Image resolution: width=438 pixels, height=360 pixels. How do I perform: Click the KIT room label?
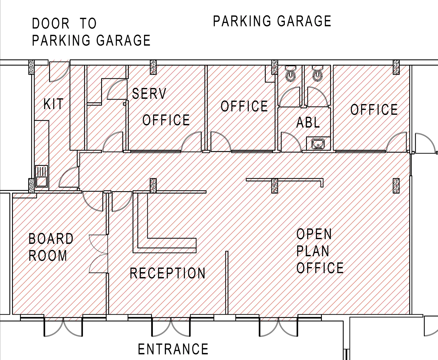point(53,104)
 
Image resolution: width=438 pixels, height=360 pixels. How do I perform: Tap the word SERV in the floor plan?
point(149,94)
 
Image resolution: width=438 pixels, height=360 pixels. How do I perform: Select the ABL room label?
point(308,123)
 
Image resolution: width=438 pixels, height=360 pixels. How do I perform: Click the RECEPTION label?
point(168,273)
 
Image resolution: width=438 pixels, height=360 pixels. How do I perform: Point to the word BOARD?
point(51,239)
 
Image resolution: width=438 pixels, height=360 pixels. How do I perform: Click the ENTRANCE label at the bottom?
point(173,349)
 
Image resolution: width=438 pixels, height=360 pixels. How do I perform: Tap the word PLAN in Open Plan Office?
point(313,251)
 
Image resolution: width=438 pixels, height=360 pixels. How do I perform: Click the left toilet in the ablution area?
point(291,74)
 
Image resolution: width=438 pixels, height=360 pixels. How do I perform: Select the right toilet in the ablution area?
point(317,74)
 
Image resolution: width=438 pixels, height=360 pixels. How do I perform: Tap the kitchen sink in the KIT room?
point(41,176)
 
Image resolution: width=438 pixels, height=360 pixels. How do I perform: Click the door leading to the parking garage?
point(59,71)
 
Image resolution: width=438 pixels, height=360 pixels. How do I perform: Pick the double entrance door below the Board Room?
point(63,326)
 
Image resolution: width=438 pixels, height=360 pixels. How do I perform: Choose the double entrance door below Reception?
point(171,326)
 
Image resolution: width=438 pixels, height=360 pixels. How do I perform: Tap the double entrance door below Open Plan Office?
point(279,326)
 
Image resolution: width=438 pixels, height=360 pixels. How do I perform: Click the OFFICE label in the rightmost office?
point(374,110)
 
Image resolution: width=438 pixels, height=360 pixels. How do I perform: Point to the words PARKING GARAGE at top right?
point(272,21)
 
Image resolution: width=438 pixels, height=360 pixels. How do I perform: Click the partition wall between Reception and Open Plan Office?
point(227,282)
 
